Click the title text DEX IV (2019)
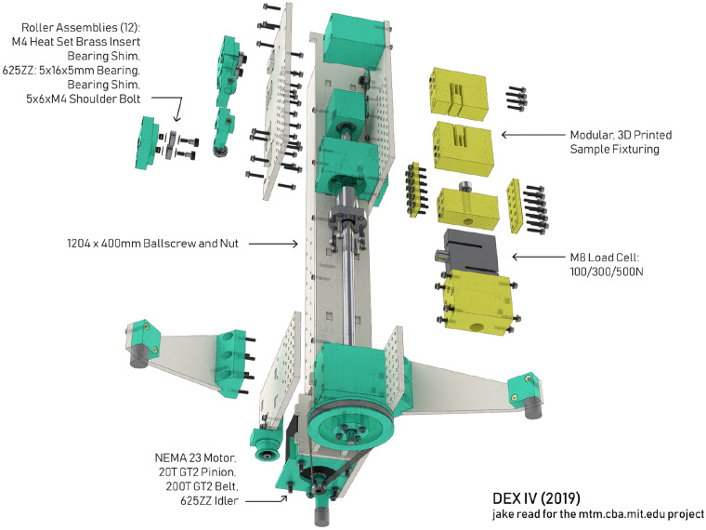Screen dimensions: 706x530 (x=536, y=498)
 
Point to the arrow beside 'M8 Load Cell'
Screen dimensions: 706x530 (x=538, y=257)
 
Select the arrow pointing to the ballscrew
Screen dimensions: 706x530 (x=273, y=244)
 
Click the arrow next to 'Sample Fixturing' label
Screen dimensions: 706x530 (x=532, y=134)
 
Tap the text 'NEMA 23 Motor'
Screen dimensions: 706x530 (x=195, y=457)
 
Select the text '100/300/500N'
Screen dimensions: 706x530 (x=606, y=272)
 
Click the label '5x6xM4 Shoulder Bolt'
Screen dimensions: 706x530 (x=84, y=99)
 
